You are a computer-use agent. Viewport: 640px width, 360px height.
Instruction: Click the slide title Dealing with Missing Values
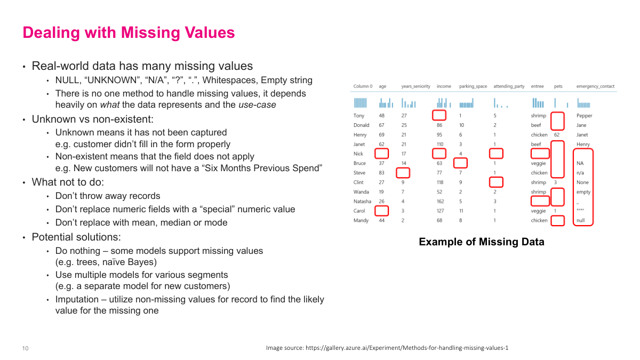129,33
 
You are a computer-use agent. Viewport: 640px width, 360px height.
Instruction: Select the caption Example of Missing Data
481,242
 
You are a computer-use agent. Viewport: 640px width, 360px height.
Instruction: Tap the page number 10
25,348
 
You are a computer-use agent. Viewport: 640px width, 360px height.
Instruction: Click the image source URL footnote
387,348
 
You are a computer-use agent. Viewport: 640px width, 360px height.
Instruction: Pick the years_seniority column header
415,86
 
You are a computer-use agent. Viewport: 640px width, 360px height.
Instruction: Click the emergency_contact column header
595,86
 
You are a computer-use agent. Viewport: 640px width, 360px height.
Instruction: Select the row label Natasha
362,201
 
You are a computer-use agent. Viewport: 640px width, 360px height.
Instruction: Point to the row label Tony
358,115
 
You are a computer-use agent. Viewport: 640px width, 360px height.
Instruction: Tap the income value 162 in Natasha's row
440,201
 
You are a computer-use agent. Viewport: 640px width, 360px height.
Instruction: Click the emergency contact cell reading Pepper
584,115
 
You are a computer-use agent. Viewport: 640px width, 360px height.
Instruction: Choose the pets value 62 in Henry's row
556,134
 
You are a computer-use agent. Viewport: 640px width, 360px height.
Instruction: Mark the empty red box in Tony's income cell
439,115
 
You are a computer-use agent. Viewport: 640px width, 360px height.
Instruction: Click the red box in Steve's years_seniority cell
403,172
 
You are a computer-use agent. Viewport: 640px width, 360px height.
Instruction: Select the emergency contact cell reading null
581,220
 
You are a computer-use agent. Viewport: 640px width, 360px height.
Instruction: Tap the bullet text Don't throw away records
108,196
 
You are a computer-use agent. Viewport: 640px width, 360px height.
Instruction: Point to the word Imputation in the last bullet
77,299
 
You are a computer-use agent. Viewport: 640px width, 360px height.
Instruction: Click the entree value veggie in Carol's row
538,211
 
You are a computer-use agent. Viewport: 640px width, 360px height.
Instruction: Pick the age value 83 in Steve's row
382,172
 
